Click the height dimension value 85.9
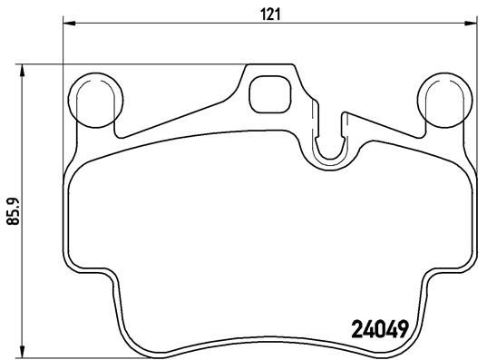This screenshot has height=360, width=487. [x=12, y=214]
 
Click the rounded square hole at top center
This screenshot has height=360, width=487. [x=268, y=91]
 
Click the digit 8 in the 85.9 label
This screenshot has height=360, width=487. [x=12, y=225]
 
